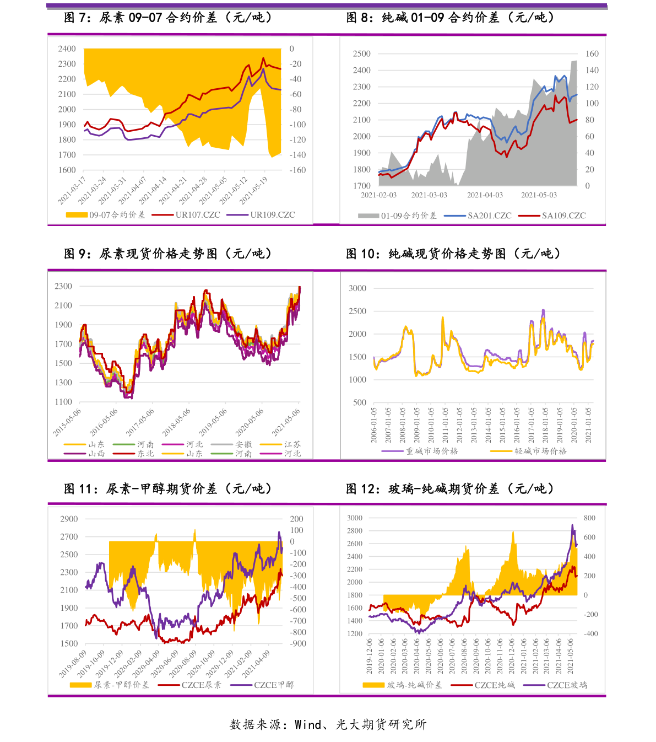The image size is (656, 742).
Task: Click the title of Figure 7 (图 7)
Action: (168, 18)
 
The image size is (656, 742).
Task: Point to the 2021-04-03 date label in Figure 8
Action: (485, 195)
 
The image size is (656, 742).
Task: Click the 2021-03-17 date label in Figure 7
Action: (72, 190)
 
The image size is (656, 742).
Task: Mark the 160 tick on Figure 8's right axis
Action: (592, 54)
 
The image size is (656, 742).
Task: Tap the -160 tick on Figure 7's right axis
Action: (297, 170)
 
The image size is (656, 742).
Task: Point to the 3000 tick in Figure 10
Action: (357, 288)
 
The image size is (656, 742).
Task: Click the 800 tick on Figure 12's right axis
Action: (589, 518)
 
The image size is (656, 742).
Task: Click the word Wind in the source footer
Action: (307, 724)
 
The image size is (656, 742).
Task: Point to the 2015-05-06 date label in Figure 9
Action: (67, 422)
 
